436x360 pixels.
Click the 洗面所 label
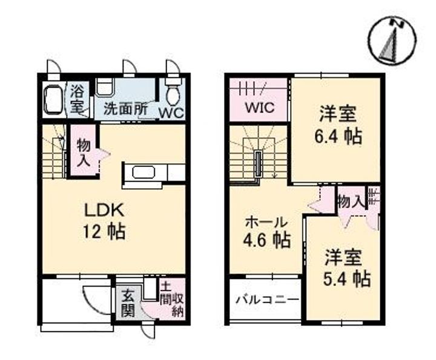point(125,110)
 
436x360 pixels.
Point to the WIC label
point(260,108)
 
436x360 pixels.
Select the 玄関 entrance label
point(128,304)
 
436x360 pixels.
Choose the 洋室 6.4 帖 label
point(337,125)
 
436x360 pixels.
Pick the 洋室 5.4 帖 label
point(343,268)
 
